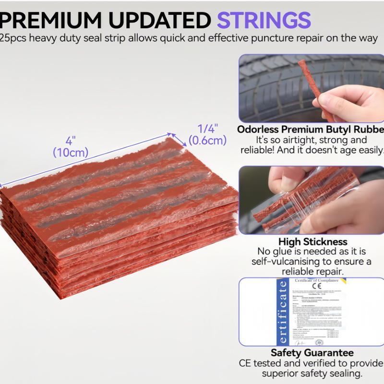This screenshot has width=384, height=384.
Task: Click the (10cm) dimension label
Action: (71, 153)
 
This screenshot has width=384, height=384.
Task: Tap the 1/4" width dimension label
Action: (208, 129)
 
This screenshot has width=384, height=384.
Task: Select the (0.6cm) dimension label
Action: (207, 140)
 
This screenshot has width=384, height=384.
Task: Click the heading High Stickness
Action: (313, 241)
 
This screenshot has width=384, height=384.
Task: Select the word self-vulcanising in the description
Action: (286, 261)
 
